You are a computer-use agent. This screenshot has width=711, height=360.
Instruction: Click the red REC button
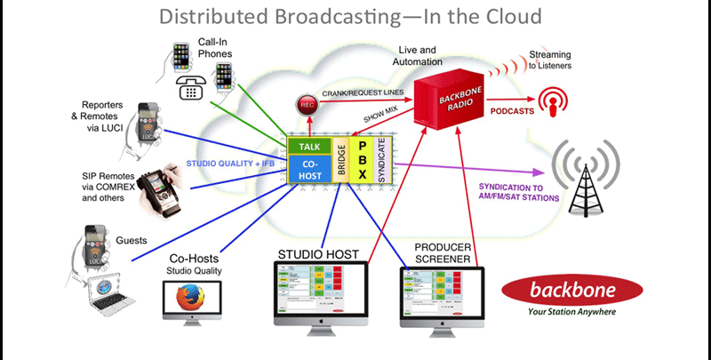[306, 103]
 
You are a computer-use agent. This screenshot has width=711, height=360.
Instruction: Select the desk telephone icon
[192, 87]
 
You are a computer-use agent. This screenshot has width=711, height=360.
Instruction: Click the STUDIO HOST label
[319, 255]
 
